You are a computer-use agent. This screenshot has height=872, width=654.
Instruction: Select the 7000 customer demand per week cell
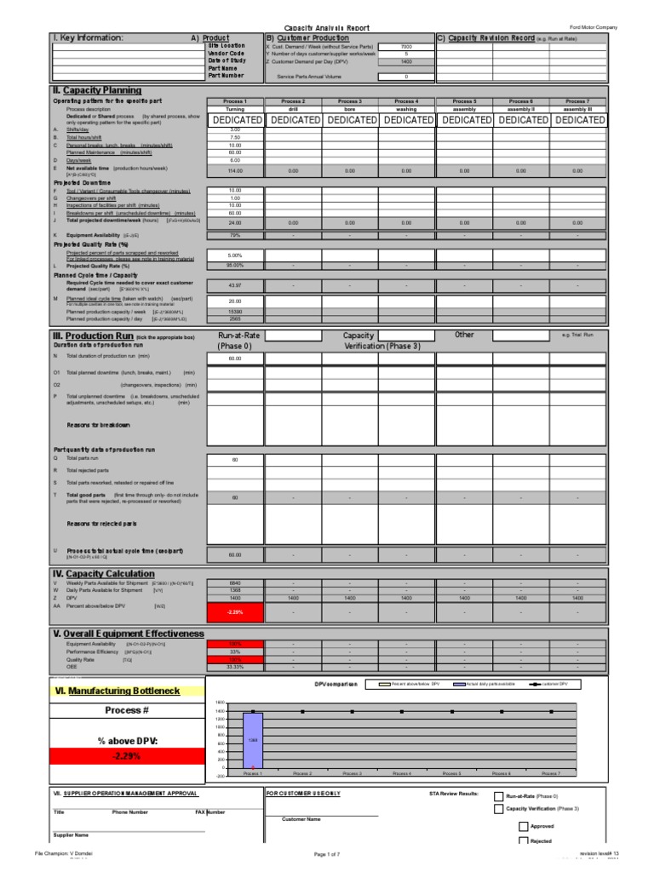405,46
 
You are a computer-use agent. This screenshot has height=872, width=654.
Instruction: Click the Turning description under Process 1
234,110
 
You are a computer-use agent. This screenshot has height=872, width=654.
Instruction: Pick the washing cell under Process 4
406,110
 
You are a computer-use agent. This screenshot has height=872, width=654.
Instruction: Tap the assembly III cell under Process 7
577,110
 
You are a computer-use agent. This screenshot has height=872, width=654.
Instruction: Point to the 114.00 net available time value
234,170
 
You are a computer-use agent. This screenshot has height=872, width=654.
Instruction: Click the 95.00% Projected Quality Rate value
234,266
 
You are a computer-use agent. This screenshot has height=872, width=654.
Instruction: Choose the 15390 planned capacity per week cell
234,313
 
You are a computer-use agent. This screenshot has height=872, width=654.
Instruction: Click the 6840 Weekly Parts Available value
234,582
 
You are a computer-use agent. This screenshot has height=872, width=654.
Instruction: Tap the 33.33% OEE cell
234,667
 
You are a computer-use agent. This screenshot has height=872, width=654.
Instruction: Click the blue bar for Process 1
253,739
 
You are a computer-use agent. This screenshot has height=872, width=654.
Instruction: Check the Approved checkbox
523,826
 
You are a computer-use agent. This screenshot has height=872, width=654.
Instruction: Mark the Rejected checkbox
523,841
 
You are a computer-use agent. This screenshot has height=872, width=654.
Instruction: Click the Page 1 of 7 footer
327,853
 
